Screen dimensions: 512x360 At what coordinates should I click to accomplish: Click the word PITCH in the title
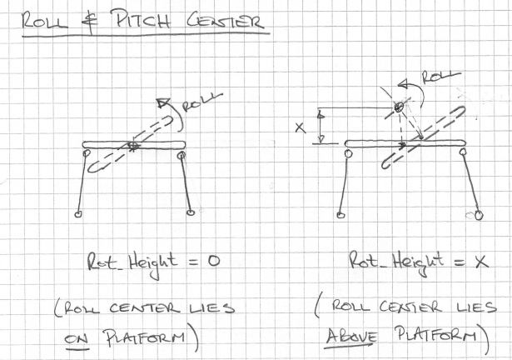click(141, 19)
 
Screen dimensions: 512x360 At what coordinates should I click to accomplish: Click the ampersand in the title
click(90, 22)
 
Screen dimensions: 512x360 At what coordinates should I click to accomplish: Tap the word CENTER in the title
click(225, 20)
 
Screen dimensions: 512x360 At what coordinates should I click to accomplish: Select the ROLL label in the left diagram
click(201, 102)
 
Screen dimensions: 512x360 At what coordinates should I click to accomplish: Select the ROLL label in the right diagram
click(440, 77)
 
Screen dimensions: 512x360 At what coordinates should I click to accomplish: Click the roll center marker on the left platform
click(133, 146)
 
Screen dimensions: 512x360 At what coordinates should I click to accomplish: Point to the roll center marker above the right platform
click(398, 107)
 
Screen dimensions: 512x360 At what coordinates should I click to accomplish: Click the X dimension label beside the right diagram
click(301, 127)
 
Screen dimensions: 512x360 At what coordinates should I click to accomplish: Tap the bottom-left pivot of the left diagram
click(77, 214)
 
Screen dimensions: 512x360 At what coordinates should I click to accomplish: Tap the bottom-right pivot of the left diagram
click(191, 212)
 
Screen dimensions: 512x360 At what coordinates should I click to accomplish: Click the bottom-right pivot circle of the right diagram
click(479, 216)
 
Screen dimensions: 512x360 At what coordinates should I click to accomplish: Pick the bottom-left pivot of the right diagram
click(341, 215)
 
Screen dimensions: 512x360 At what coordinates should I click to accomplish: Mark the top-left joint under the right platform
click(348, 153)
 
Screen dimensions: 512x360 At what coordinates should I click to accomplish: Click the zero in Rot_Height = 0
click(214, 262)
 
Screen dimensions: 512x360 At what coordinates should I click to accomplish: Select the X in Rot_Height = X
click(482, 262)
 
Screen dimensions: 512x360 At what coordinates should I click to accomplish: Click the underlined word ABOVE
click(351, 336)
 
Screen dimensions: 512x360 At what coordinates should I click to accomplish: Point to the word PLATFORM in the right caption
click(436, 334)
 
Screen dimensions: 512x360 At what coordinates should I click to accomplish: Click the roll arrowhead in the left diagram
click(161, 102)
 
